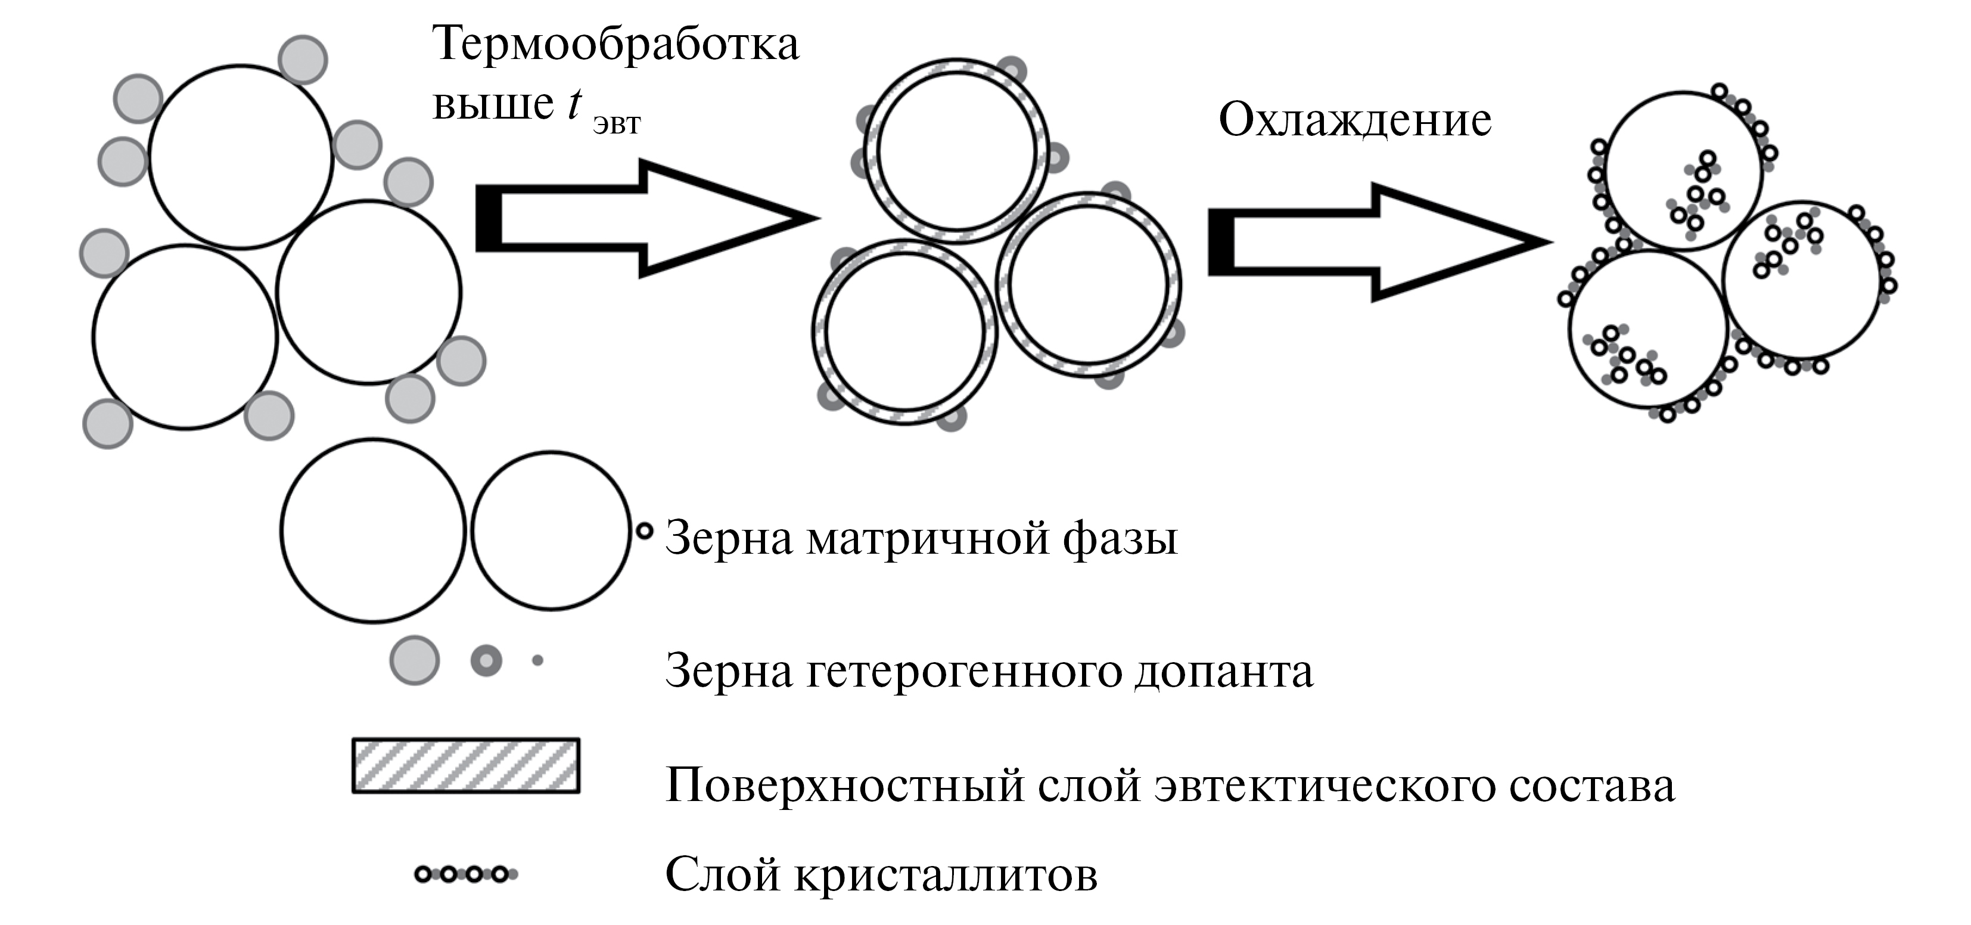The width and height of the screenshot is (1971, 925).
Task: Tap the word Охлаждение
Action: pos(1354,120)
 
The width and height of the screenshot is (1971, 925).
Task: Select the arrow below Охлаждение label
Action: pos(1376,242)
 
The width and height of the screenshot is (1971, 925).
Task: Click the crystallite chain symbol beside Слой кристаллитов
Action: pos(466,874)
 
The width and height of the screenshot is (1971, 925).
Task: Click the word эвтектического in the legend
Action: pos(1324,785)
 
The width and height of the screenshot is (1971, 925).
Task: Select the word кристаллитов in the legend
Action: pos(945,874)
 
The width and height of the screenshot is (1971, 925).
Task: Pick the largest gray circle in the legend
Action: pos(415,660)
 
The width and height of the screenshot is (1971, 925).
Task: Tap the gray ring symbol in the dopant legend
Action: pos(486,660)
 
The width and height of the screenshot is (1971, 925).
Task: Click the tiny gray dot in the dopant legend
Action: pos(537,660)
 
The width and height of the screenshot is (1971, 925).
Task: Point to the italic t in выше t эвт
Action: pos(574,103)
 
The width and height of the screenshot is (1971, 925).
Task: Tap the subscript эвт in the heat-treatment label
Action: pos(617,124)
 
